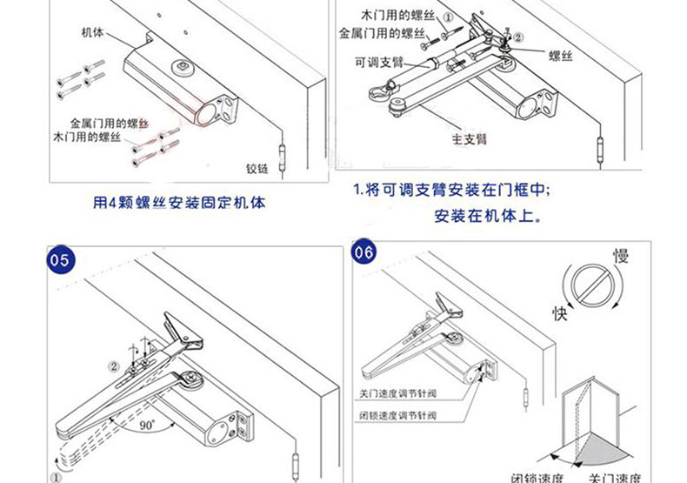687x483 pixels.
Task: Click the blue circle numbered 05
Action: click(60, 260)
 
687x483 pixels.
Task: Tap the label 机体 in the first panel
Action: click(93, 32)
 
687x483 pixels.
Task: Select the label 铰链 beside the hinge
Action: click(260, 169)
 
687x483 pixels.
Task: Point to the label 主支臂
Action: click(469, 138)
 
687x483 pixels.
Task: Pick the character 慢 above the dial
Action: click(621, 256)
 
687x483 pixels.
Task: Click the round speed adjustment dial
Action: click(591, 286)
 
